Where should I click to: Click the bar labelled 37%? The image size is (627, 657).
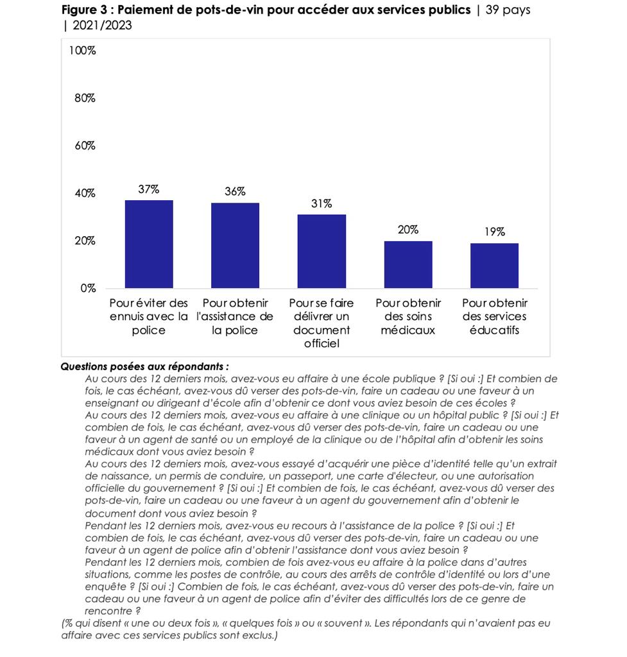(149, 244)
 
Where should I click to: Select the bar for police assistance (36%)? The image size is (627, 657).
(235, 245)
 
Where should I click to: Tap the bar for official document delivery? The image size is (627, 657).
(322, 251)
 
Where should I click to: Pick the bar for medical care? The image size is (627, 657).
(408, 264)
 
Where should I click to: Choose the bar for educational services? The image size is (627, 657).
(494, 266)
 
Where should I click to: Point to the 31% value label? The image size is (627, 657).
(322, 204)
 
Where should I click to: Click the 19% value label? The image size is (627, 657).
(494, 232)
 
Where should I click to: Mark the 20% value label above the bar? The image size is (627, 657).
(408, 230)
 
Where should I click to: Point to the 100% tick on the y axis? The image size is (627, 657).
(82, 51)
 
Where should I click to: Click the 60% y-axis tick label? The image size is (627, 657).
(84, 146)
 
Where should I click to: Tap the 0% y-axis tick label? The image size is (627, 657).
(87, 288)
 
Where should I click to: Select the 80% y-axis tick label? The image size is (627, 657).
(84, 98)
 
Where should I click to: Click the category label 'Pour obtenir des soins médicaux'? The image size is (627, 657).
(408, 316)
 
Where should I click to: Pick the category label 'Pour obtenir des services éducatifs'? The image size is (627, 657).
(494, 316)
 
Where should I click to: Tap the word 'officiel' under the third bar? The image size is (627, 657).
(322, 344)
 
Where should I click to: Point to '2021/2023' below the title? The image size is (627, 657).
(103, 26)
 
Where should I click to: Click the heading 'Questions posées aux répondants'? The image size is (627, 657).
(144, 367)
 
